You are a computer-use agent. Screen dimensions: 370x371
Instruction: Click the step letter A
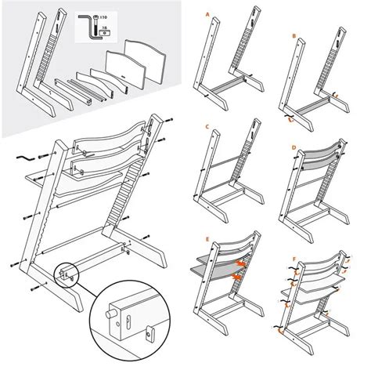click(206, 14)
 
